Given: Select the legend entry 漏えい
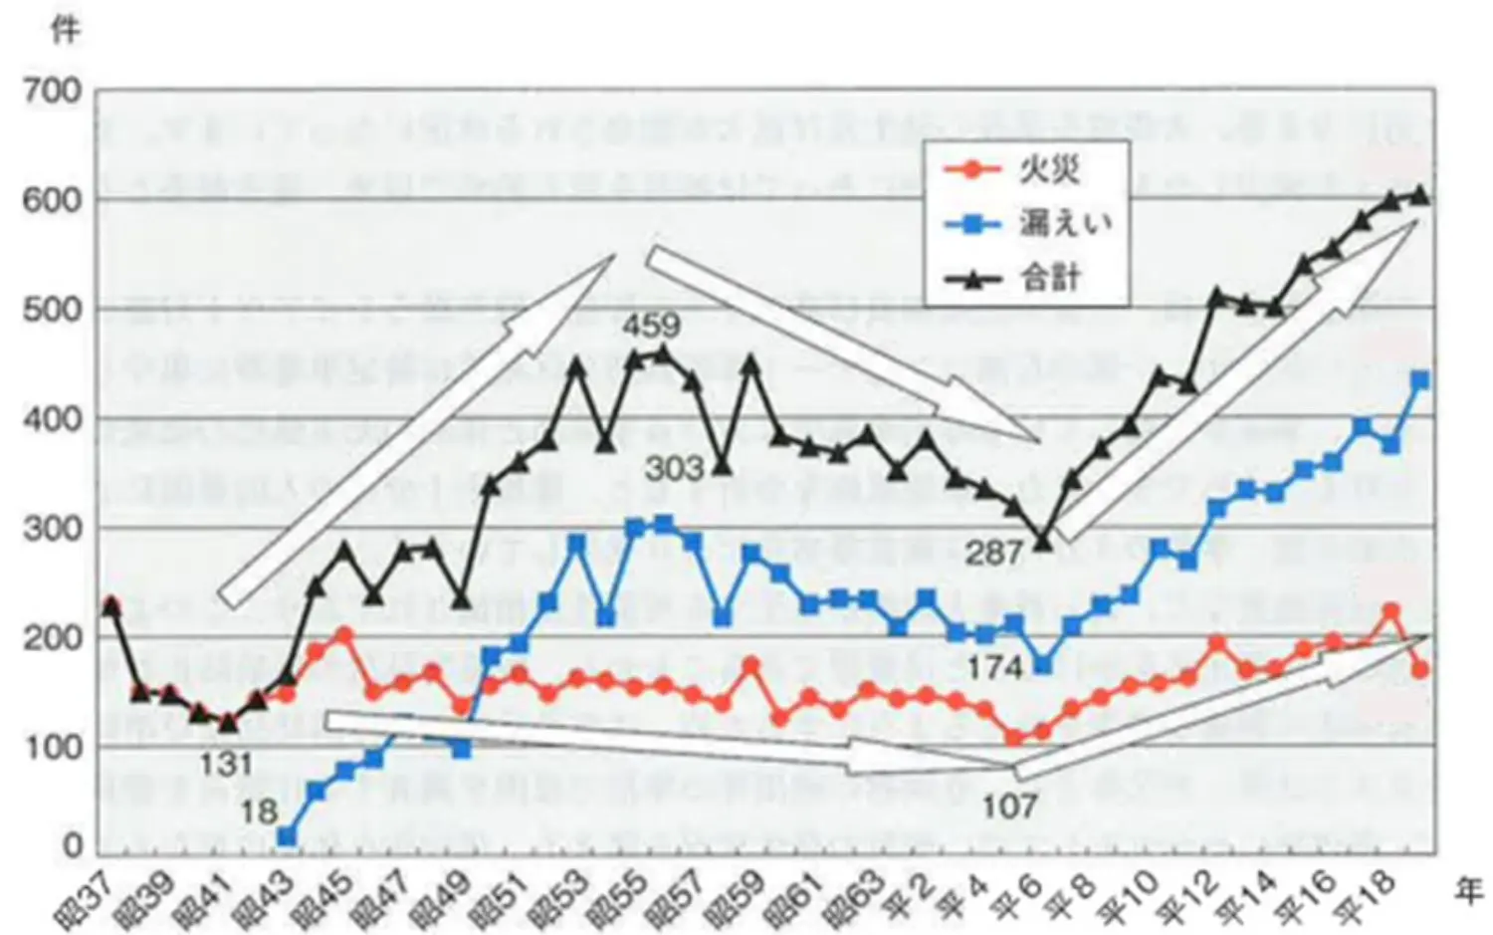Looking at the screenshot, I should point(1063,224).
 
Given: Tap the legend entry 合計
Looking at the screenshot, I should point(1049,278).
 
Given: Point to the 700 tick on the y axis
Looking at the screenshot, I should point(54,91).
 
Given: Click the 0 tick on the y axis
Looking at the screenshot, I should point(73,846).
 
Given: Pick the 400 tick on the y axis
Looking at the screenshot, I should point(54,418).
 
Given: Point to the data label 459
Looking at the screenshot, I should point(652,325).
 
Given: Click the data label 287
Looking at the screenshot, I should point(993,553).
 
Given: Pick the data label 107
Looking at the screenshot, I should point(1009,806).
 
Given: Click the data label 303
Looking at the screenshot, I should point(675,468).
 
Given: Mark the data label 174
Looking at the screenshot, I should point(995,667).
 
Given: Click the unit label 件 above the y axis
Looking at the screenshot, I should point(65,30).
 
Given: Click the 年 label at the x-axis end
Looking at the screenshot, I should point(1469,893).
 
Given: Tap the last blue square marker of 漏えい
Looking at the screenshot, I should point(1420,380).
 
